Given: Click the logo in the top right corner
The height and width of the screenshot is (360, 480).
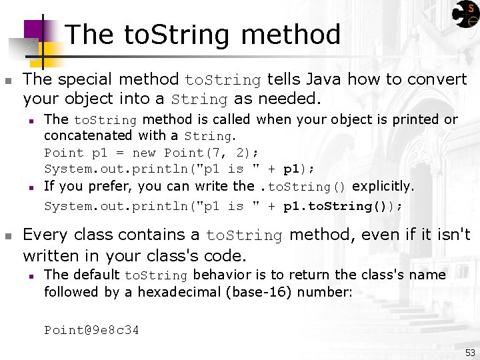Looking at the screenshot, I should click(465, 15).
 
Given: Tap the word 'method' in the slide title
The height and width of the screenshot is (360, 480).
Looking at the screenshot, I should click(291, 35).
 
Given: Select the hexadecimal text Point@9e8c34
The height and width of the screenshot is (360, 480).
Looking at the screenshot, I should click(91, 330).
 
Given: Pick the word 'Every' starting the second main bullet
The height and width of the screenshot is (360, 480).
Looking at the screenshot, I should click(45, 235).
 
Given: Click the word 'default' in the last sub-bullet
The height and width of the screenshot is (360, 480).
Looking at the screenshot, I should click(96, 275).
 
